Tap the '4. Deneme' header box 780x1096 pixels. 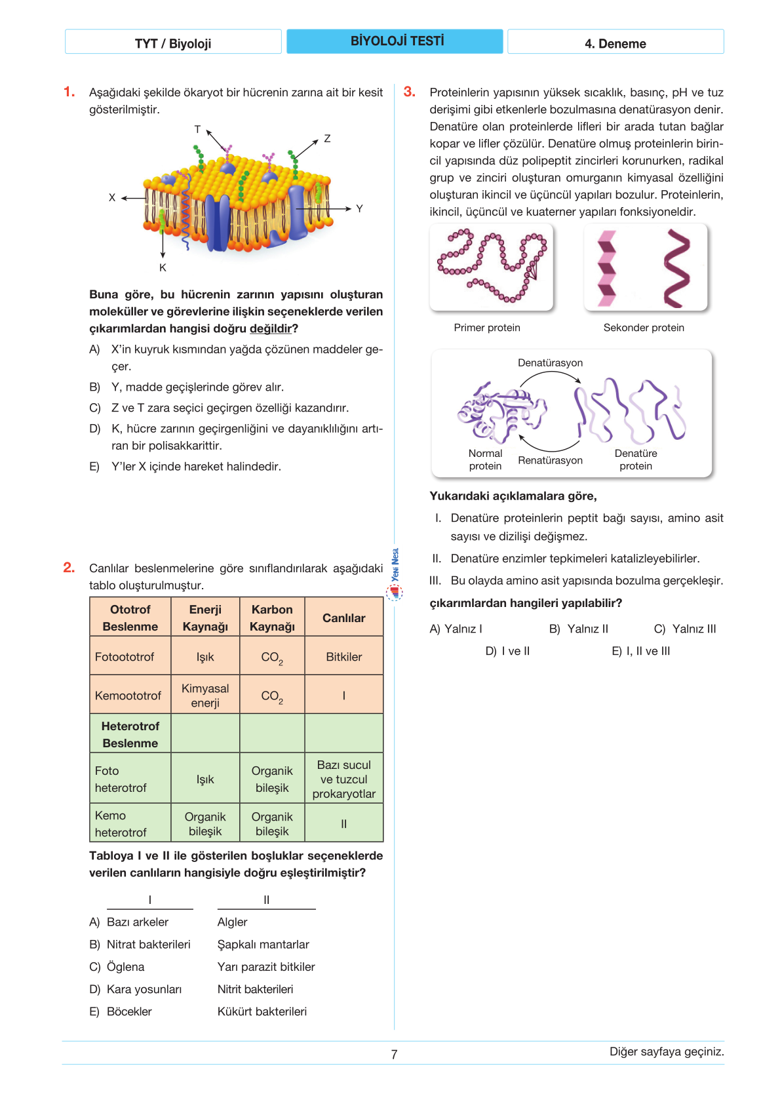[x=615, y=43]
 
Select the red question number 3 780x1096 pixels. [x=410, y=92]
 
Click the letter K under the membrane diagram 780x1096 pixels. [x=163, y=267]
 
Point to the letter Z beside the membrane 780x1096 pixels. [x=327, y=138]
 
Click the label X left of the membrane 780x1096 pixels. [x=112, y=197]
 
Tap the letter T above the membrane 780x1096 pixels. [x=197, y=129]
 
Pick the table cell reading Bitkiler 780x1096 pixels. [x=343, y=657]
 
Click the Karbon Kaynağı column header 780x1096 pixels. [x=272, y=617]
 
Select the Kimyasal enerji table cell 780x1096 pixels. [x=205, y=695]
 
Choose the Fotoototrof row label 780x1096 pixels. [x=125, y=657]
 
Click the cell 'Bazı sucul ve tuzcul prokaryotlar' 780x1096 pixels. [x=343, y=779]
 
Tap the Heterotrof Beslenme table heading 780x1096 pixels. [x=130, y=734]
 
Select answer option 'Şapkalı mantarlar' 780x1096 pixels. [x=263, y=945]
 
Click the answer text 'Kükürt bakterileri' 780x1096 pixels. [x=262, y=1011]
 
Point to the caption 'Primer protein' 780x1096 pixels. [x=487, y=328]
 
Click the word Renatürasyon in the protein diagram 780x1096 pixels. [x=550, y=460]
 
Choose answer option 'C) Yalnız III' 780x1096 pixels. [x=685, y=629]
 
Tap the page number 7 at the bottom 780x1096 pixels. [x=394, y=1054]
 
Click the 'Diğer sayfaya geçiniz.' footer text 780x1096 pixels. [x=666, y=1051]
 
